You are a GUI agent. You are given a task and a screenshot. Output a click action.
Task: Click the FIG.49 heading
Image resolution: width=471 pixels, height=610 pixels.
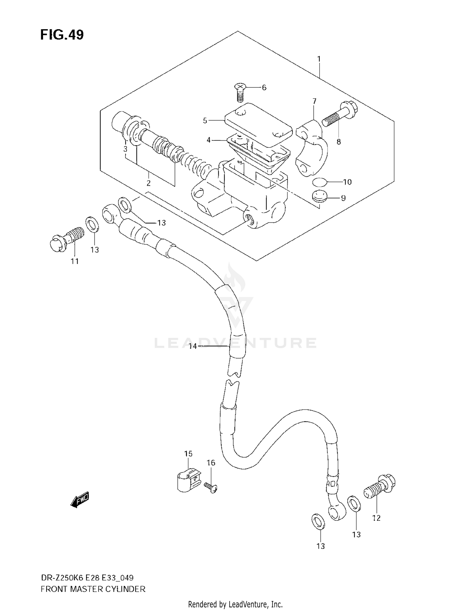tap(62, 35)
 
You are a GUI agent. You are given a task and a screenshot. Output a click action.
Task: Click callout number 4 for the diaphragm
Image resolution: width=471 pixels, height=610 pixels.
tap(208, 140)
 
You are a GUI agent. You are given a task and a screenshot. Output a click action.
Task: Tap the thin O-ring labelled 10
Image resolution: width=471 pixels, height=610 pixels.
tap(319, 182)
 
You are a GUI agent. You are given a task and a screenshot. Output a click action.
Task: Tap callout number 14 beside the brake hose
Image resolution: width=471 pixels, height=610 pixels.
tap(192, 346)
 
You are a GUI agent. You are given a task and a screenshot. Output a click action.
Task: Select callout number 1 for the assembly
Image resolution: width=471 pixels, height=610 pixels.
tap(319, 59)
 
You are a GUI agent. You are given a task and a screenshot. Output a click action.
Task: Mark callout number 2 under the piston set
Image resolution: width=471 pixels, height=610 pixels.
tap(149, 183)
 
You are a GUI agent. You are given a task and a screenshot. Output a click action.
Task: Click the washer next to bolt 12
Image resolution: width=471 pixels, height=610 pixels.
tap(354, 503)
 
